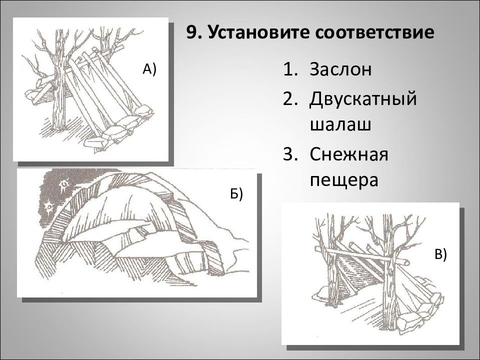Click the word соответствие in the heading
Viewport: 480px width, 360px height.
tap(374, 33)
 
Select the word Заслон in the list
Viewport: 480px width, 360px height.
tap(340, 69)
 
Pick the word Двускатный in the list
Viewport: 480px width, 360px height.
tap(363, 99)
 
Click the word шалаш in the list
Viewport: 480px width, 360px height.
tap(340, 125)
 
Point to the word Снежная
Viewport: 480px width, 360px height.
tap(349, 154)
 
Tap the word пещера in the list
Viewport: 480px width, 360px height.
tap(344, 180)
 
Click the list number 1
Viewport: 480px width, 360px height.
tap(289, 69)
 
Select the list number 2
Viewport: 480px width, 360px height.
tap(289, 98)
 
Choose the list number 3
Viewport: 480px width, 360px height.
tap(289, 154)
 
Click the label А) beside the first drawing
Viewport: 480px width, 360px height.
tap(149, 69)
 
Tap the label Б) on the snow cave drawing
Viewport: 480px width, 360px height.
tap(236, 194)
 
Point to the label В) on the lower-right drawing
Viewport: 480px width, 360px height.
tap(441, 254)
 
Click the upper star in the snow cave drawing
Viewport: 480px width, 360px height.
tap(63, 184)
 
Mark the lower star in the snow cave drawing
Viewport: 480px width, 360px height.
tap(48, 206)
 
